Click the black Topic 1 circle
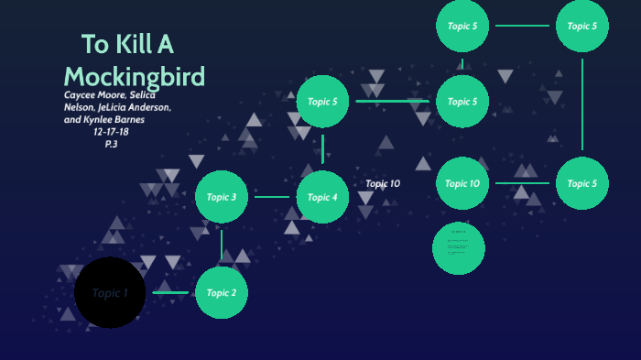pyautogui.click(x=110, y=293)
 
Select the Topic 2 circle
pyautogui.click(x=222, y=293)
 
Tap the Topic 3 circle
pyautogui.click(x=222, y=197)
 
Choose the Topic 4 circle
pyautogui.click(x=322, y=197)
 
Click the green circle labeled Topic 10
pyautogui.click(x=462, y=183)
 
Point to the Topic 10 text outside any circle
pyautogui.click(x=383, y=184)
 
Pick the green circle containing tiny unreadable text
pyautogui.click(x=458, y=248)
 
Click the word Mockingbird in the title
pyautogui.click(x=135, y=75)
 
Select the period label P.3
pyautogui.click(x=112, y=144)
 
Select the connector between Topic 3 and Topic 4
pyautogui.click(x=272, y=197)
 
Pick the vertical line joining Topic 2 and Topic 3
pyautogui.click(x=222, y=245)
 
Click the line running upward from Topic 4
pyautogui.click(x=322, y=147)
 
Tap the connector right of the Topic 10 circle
pyautogui.click(x=523, y=183)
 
